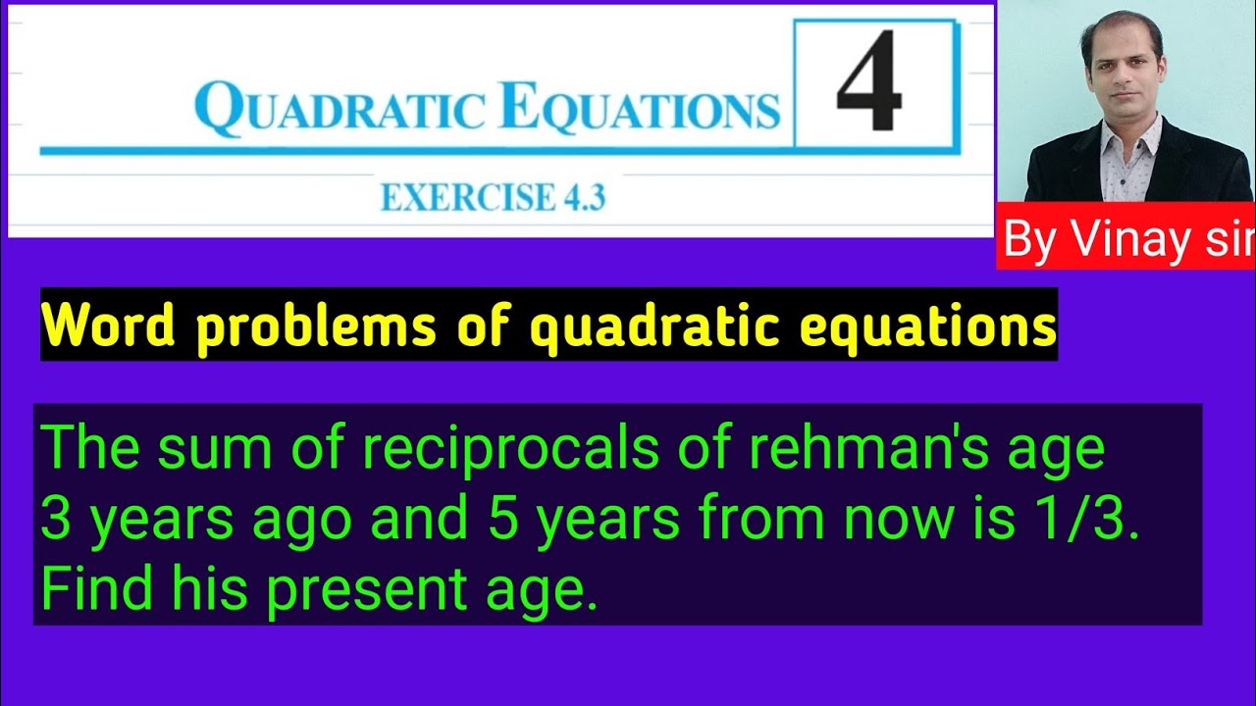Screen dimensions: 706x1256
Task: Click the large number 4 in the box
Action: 868,82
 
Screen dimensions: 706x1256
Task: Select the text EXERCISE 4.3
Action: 493,198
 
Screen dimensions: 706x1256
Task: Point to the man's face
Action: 1123,69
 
